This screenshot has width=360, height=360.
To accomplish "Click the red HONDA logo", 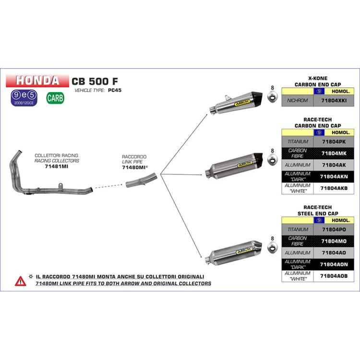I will pyautogui.click(x=36, y=80).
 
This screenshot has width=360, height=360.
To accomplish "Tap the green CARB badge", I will pyautogui.click(x=55, y=98).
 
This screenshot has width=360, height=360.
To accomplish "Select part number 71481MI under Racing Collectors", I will pyautogui.click(x=57, y=167).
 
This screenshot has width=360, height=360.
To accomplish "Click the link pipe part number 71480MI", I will pyautogui.click(x=133, y=168).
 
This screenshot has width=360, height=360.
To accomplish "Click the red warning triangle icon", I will pyautogui.click(x=20, y=281).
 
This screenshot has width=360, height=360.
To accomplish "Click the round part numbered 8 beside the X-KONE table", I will pyautogui.click(x=273, y=98).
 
